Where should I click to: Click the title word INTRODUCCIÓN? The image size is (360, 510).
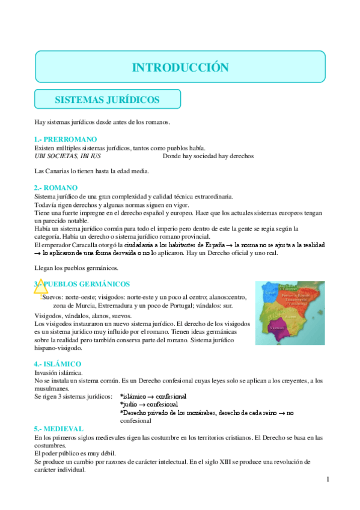(180, 67)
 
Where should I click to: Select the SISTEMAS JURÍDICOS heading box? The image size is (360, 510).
(108, 99)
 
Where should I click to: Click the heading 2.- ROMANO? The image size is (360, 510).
(56, 188)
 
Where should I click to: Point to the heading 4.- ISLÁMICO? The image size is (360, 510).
(58, 364)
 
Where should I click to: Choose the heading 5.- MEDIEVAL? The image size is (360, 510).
(59, 429)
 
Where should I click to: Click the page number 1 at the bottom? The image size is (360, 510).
(328, 479)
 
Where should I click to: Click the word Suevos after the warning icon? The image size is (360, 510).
(53, 296)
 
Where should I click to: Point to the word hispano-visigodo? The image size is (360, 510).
(61, 348)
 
